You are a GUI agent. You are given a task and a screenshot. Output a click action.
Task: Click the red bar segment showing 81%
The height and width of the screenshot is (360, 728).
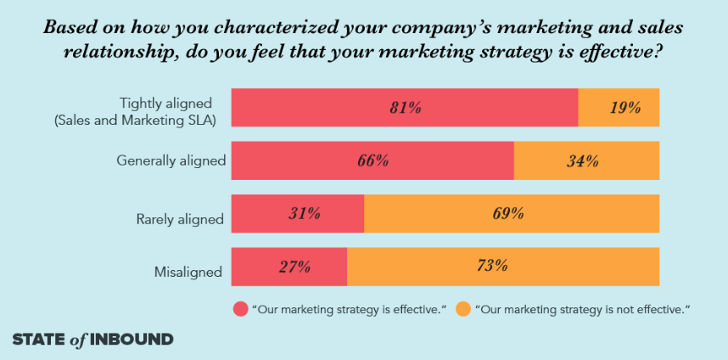404,108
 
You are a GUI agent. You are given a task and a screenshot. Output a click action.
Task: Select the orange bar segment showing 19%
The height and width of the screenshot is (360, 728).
619,108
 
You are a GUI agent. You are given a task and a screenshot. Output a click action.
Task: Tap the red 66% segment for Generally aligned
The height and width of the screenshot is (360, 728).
372,160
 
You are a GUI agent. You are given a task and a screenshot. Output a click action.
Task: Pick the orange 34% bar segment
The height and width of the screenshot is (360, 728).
586,160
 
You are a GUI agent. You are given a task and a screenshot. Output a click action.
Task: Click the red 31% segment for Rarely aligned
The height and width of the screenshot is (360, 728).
297,214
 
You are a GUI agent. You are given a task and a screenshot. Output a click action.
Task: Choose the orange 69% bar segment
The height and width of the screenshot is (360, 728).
512,214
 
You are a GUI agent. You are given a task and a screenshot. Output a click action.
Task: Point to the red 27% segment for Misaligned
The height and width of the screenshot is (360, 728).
288,267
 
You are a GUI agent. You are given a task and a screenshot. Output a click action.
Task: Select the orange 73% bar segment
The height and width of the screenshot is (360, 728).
503,267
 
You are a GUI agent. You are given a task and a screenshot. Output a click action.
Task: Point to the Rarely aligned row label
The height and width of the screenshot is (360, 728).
180,219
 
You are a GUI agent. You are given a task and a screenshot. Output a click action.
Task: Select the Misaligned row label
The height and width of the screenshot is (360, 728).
188,273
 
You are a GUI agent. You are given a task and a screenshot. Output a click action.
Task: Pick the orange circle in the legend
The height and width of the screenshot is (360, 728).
463,309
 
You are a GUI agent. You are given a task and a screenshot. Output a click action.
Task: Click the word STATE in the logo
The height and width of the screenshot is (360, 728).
40,340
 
